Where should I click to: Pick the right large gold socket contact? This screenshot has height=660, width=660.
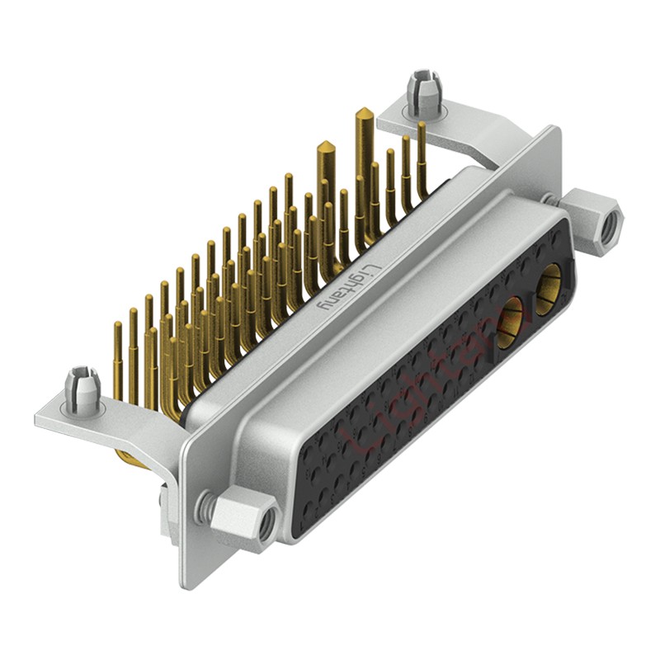(549, 289)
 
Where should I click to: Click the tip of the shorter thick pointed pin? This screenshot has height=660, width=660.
(326, 147)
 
